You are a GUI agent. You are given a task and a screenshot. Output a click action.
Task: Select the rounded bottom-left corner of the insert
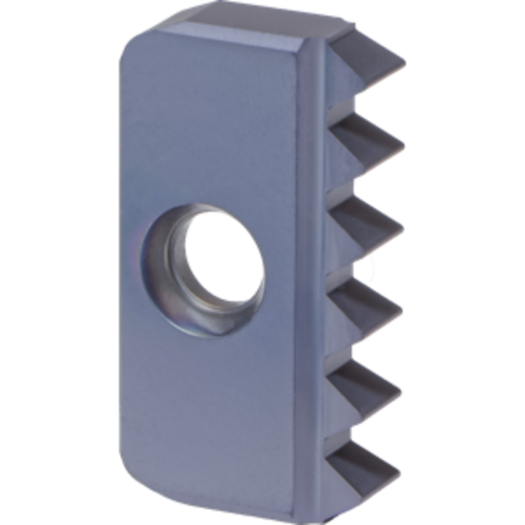(x=134, y=472)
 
